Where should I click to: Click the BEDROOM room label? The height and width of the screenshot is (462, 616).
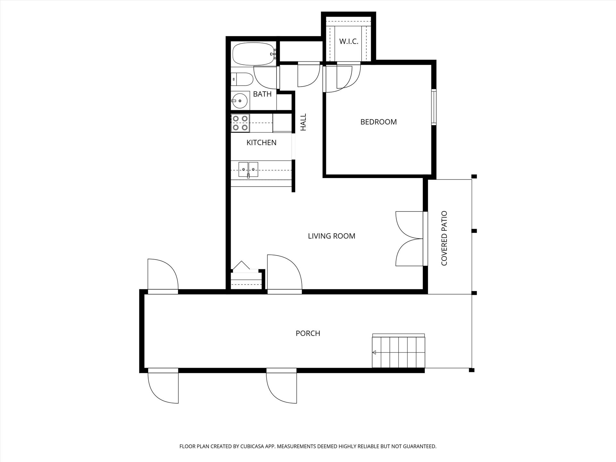coord(379,122)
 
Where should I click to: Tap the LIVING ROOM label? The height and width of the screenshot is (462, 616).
coord(331,236)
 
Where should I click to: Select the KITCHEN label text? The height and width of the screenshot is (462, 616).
coord(261,142)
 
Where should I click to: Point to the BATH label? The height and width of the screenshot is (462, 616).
coord(262,94)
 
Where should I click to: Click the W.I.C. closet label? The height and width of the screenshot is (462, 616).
coord(349,41)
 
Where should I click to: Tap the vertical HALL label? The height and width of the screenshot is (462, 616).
coord(303,122)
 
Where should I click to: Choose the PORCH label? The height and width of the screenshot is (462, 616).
coord(308,333)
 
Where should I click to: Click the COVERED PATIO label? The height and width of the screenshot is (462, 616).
coord(444,238)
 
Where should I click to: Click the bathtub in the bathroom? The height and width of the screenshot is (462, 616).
coord(253,54)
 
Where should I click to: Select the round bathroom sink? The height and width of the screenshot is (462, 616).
coord(240,101)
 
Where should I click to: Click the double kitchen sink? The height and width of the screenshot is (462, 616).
coord(248,169)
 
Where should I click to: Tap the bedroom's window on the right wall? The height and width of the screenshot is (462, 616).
coord(434,107)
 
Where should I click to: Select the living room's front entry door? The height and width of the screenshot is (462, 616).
coord(285,274)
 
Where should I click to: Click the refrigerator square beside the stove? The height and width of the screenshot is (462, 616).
coord(282,123)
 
